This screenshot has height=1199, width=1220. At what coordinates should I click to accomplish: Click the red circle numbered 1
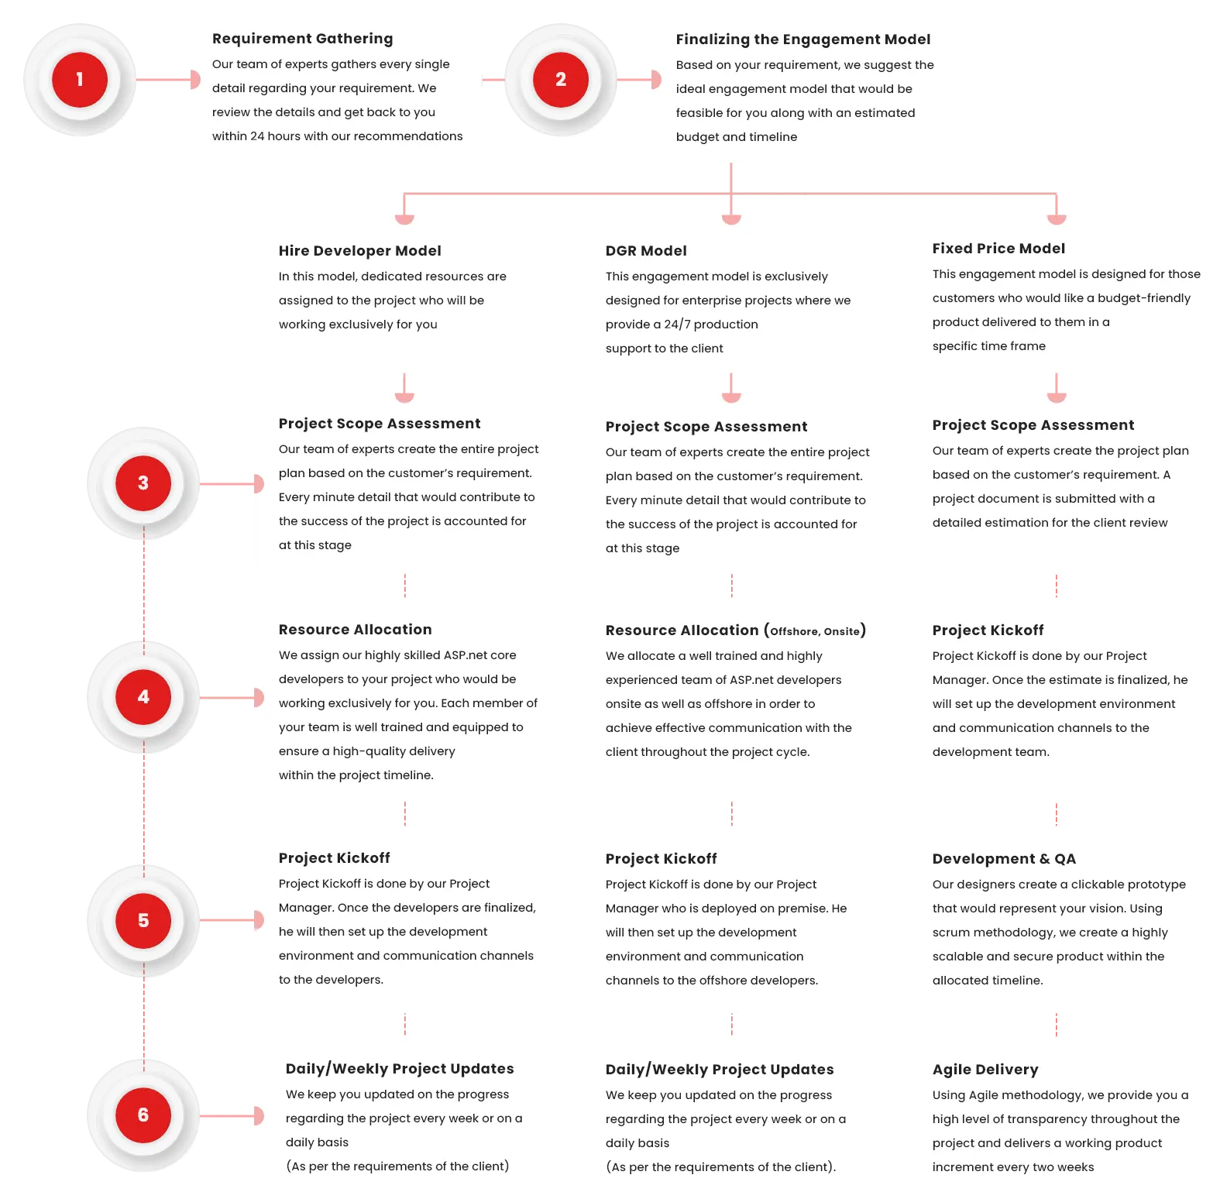80,80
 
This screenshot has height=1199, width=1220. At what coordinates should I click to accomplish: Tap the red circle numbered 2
561,80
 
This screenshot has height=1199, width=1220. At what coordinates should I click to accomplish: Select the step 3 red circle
143,483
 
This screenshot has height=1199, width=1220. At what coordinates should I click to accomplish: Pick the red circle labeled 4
143,697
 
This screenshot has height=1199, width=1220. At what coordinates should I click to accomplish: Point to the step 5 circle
143,920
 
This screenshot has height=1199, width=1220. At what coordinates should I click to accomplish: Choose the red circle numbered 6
143,1115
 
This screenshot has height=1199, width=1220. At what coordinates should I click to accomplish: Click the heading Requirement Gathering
302,39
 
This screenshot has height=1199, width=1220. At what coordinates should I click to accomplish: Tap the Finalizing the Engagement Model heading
802,40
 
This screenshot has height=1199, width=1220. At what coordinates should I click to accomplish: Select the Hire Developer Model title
359,251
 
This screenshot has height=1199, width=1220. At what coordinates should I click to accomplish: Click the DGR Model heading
646,251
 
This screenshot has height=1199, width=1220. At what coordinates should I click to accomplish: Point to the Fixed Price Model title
998,249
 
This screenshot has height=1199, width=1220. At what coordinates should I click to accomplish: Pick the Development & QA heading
1004,859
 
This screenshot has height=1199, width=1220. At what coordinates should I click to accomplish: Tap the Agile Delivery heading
985,1070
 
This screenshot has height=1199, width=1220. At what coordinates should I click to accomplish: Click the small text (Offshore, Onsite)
815,631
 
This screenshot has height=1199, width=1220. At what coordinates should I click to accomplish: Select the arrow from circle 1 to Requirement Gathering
167,80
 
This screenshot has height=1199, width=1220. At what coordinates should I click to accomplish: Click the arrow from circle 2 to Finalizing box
637,80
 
